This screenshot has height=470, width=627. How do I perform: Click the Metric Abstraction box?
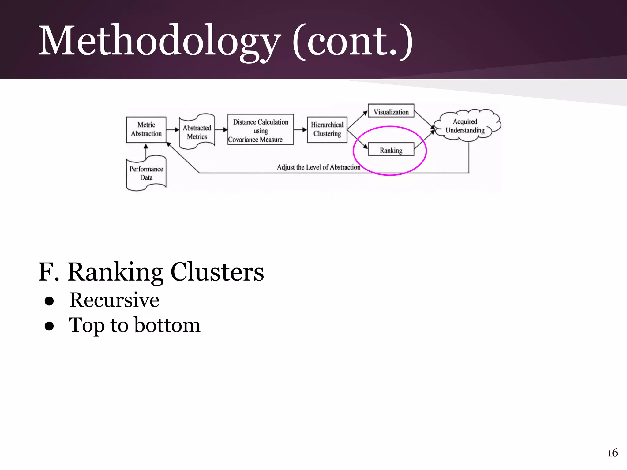coord(146,129)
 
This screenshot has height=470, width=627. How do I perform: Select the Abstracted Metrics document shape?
coord(197,132)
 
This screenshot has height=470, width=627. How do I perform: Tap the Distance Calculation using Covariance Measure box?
coord(260,130)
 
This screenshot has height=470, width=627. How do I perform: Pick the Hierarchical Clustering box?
coord(327,129)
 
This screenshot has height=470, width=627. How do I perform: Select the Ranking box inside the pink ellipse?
coord(391,150)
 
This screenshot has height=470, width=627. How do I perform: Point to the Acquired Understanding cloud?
coord(465,126)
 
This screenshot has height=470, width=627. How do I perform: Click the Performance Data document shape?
coord(146,173)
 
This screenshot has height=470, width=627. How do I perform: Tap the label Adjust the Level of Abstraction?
coord(318,167)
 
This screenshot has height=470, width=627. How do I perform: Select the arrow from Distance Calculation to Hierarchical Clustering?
coord(300,130)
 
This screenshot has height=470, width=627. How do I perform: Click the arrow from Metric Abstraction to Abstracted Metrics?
coord(173,130)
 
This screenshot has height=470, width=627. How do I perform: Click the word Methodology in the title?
coord(159,41)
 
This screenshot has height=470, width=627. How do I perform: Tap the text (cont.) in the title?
coord(352,41)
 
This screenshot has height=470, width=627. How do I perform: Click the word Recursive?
coord(114,300)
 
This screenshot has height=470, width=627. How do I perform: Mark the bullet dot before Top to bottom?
coord(49,326)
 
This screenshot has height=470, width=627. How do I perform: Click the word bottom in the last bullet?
coord(167,325)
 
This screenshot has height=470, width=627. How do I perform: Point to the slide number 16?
coord(612,453)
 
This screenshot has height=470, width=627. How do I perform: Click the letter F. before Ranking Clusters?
coord(48,272)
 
